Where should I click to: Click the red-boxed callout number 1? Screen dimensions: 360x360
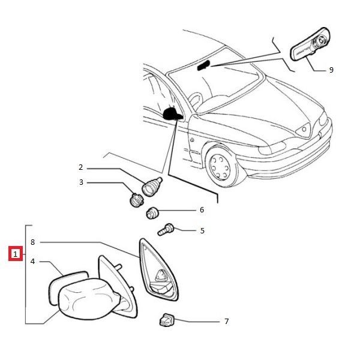[x=15, y=254]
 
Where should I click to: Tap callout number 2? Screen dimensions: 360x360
[x=80, y=167]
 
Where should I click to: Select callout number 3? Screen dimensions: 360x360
[x=80, y=182]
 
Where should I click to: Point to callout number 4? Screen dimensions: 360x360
[x=33, y=261]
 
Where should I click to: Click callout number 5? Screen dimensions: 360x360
[x=202, y=230]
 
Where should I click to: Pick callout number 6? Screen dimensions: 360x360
[x=202, y=210]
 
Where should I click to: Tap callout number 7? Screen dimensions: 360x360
[x=226, y=322]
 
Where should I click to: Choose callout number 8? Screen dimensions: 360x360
[x=33, y=242]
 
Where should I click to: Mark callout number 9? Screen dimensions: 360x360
[x=331, y=70]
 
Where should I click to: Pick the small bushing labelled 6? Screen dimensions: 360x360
[x=154, y=212]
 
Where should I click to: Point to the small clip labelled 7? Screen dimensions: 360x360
[x=166, y=320]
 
